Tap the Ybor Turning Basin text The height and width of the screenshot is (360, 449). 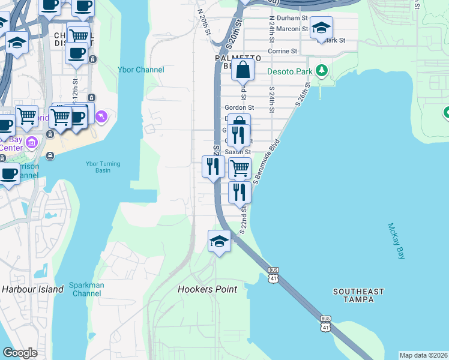(103, 167)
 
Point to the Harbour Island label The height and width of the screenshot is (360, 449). (32, 289)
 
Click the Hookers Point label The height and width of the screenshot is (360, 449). (207, 289)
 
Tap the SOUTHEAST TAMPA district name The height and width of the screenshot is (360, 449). (358, 296)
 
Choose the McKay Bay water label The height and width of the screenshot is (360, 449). (396, 241)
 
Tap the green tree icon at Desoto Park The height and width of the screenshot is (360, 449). (322, 71)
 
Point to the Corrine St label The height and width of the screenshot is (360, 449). (283, 52)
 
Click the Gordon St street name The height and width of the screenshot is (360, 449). (240, 108)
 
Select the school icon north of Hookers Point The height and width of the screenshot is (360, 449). (219, 242)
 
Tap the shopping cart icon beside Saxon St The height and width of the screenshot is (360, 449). (240, 169)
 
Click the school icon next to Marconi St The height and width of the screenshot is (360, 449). (321, 28)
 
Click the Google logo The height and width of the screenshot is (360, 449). (20, 353)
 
